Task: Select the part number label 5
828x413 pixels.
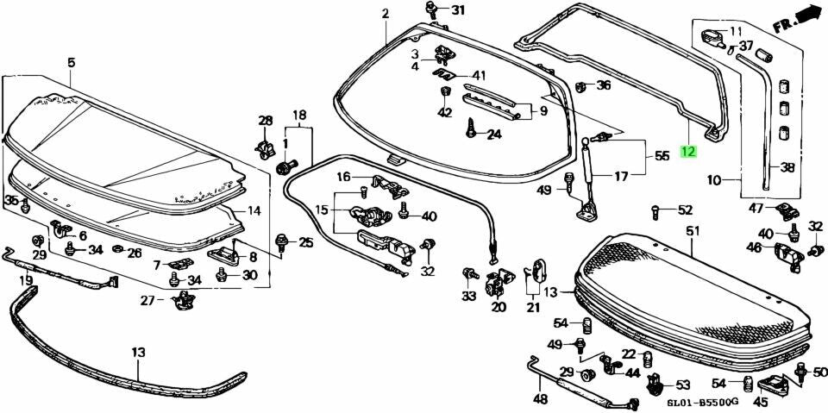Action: (x=71, y=61)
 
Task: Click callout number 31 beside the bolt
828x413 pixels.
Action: (x=457, y=10)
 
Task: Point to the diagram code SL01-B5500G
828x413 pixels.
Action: (x=702, y=402)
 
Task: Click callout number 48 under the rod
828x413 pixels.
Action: (x=540, y=399)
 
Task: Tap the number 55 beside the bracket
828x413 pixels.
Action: (x=662, y=156)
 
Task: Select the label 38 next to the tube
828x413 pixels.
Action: (x=787, y=167)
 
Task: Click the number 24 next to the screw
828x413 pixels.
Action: (x=493, y=134)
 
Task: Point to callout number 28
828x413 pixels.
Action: (x=266, y=120)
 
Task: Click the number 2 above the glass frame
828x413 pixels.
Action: (x=386, y=13)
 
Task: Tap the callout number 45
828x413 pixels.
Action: (x=760, y=402)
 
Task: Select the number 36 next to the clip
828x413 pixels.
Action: (x=604, y=84)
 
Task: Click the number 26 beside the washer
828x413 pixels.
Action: (x=134, y=253)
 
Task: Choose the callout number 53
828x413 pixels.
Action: (x=682, y=385)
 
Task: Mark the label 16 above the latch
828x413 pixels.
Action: (x=343, y=177)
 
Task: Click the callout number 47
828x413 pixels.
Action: (x=756, y=209)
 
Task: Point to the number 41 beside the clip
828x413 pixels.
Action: (x=479, y=75)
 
